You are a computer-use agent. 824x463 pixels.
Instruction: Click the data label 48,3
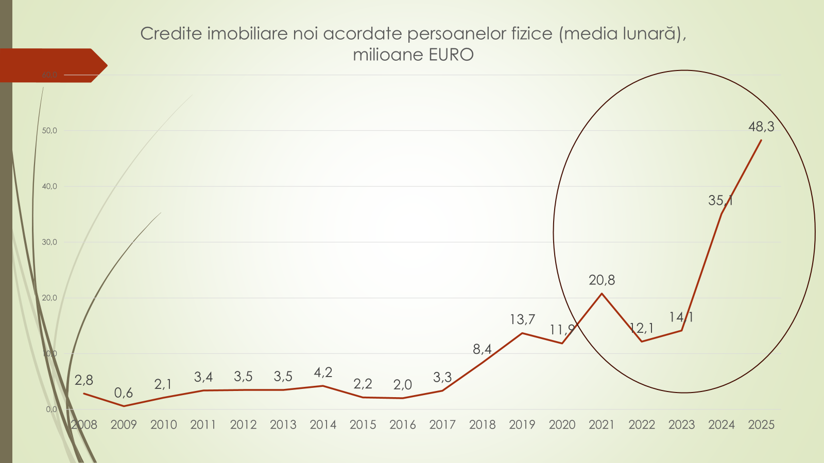point(761,127)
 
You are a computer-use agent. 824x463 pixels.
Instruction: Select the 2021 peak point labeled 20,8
point(602,294)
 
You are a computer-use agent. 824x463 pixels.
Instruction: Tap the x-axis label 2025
point(761,425)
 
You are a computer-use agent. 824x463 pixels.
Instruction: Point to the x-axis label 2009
point(124,425)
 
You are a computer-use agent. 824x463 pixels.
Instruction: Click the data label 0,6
point(124,393)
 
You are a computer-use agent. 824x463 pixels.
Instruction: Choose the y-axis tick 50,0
point(49,131)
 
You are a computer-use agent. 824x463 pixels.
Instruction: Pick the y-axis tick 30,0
point(49,242)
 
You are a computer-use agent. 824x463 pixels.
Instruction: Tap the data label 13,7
point(522,319)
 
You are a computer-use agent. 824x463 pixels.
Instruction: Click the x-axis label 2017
point(442,425)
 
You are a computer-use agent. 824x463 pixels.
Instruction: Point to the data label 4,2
point(323,372)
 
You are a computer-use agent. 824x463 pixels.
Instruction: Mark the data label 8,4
point(482,349)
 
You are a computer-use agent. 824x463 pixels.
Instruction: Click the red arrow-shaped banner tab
point(51,65)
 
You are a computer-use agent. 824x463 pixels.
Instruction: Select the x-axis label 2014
point(323,425)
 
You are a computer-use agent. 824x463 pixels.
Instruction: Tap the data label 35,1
point(720,201)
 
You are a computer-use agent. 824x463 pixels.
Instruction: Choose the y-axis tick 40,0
point(49,186)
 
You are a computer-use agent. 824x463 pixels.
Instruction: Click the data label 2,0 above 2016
point(403,385)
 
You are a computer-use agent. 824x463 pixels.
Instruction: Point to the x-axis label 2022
point(642,425)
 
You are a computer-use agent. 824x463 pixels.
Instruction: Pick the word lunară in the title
point(649,33)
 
